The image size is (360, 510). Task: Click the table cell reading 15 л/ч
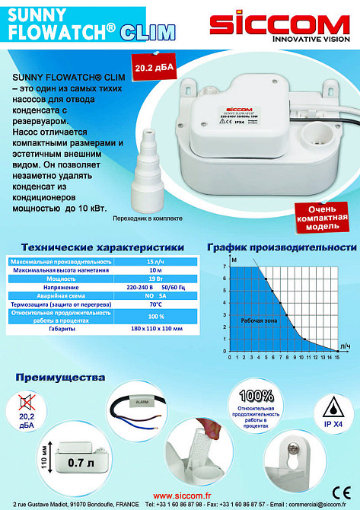coord(156,261)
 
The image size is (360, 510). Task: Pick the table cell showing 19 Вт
coord(156,279)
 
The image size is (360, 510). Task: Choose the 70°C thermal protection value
coord(156,304)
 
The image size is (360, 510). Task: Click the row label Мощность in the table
coord(62,279)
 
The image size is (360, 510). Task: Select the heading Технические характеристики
coord(102,247)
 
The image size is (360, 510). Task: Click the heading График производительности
coord(282,248)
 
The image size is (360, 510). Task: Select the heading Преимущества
coord(59,378)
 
